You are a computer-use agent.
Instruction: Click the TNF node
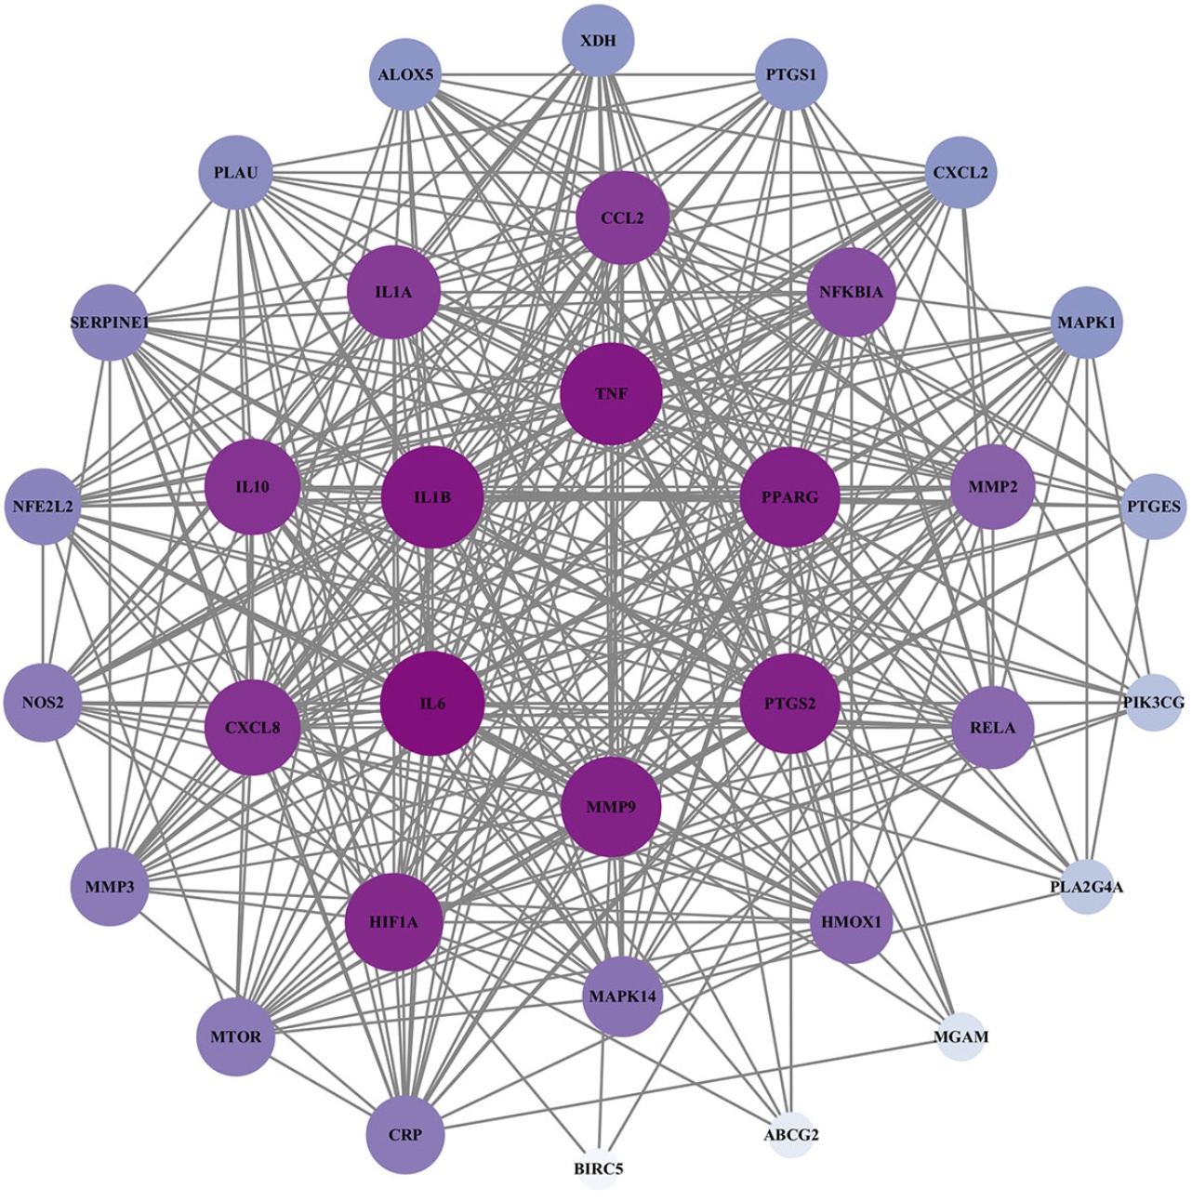coord(612,394)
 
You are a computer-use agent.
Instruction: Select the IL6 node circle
coord(433,703)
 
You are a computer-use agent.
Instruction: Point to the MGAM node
coord(960,1036)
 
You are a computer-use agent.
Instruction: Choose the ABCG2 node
coord(791,1134)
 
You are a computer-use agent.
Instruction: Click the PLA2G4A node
coord(1086,887)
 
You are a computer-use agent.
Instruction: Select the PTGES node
coord(1153,507)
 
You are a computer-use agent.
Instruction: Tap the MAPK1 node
coord(1086,323)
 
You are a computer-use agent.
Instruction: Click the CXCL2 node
coord(960,172)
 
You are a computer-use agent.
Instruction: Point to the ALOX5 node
coord(406,74)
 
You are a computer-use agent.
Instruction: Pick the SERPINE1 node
coord(110,323)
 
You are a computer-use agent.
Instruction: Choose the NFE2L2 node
coord(43,507)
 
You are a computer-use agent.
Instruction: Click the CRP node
coord(406,1135)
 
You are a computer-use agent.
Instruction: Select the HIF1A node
coord(394,922)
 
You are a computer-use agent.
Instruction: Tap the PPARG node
coord(790,497)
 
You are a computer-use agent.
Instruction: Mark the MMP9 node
coord(612,806)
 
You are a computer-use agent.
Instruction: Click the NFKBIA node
coord(852,292)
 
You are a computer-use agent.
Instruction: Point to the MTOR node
coord(236,1036)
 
